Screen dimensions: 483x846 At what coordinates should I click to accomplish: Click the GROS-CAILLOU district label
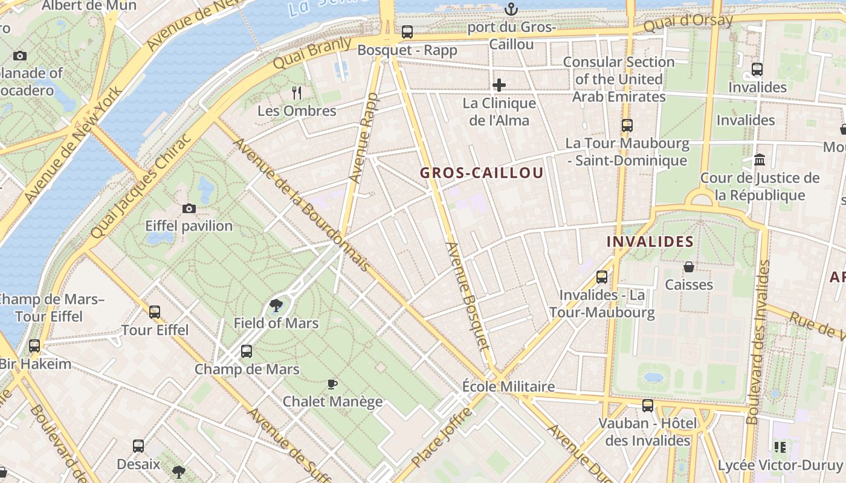(482, 173)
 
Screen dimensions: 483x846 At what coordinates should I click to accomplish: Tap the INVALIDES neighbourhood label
(650, 242)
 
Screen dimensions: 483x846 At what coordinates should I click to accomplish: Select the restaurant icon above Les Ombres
(296, 92)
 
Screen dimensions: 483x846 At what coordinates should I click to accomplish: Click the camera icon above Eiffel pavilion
(189, 208)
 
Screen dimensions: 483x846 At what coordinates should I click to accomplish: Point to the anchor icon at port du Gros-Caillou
(511, 9)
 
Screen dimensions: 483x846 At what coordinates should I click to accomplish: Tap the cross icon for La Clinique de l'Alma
(499, 85)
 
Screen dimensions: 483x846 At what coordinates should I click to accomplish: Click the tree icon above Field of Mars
(276, 305)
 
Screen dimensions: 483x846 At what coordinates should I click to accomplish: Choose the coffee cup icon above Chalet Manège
(332, 384)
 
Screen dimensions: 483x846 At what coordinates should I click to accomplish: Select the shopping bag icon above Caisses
(688, 267)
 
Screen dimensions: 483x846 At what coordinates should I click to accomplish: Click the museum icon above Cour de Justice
(760, 161)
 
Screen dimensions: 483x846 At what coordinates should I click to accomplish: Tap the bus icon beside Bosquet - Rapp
(407, 32)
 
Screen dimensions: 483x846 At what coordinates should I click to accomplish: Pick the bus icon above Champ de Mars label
(247, 351)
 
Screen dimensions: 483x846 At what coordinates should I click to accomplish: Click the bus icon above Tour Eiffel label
(155, 312)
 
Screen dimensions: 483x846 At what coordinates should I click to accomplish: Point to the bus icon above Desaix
(138, 446)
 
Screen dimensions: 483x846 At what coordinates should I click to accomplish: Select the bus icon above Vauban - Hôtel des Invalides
(648, 405)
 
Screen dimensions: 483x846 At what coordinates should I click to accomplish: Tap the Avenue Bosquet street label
(467, 296)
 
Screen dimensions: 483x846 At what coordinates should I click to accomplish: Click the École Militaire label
(508, 386)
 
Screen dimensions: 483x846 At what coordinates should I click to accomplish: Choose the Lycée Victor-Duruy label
(780, 465)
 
